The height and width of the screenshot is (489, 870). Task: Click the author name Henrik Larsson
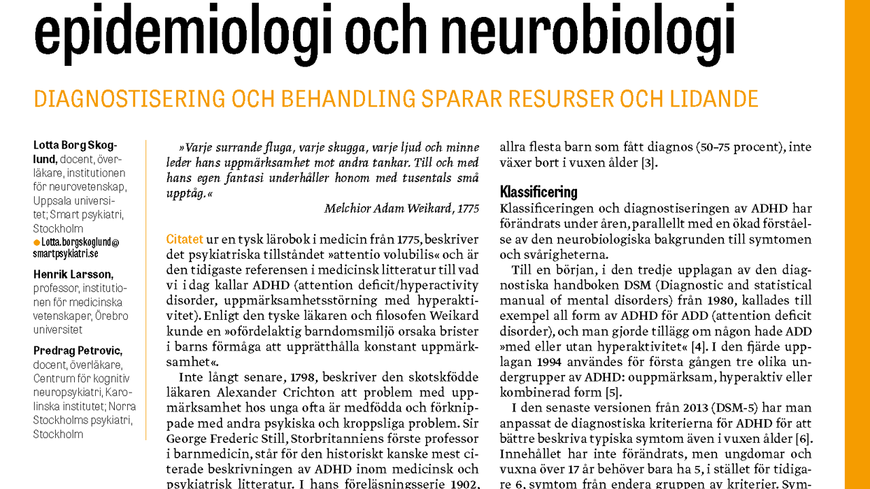pos(73,274)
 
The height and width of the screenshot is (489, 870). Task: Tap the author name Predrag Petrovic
pos(77,350)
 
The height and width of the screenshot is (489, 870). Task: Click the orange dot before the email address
pos(37,242)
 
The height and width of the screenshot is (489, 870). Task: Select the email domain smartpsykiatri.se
pos(65,253)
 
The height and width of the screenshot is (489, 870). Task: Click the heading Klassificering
pos(538,192)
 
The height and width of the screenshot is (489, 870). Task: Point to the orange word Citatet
pos(184,239)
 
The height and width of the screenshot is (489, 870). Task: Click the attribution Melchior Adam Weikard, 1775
pos(401,209)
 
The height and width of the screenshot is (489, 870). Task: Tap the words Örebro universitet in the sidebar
pos(80,323)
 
